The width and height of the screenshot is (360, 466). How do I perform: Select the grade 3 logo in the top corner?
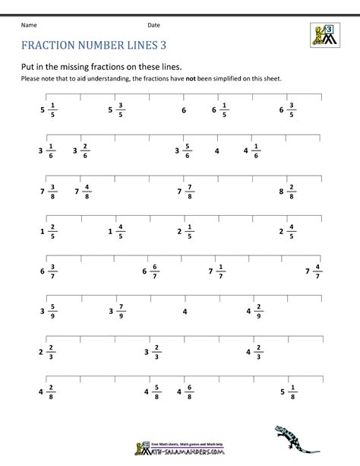click(326, 34)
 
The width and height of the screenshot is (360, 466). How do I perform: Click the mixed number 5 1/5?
click(49, 110)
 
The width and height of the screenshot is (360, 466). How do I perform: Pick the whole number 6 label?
click(183, 111)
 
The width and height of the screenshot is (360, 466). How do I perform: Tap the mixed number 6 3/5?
click(286, 110)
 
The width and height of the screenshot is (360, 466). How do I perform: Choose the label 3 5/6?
click(183, 151)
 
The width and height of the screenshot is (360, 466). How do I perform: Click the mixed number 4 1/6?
click(251, 151)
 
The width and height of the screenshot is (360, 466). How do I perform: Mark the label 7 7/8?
click(183, 192)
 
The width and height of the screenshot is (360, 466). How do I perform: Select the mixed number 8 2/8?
click(286, 192)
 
